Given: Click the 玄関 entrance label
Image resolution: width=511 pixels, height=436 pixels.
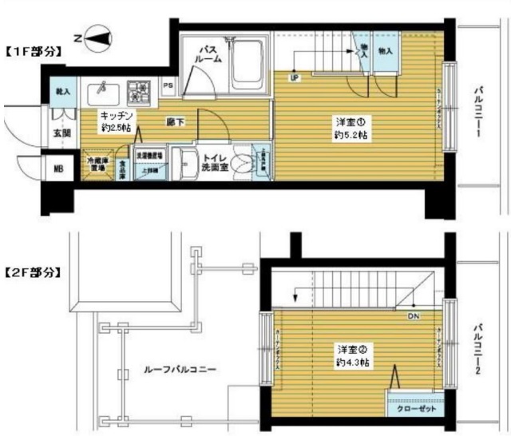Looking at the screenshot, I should [x=40, y=133].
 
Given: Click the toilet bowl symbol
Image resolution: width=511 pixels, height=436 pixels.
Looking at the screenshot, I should [x=244, y=158].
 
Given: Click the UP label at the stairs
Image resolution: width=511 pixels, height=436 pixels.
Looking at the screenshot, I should [x=295, y=77].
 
